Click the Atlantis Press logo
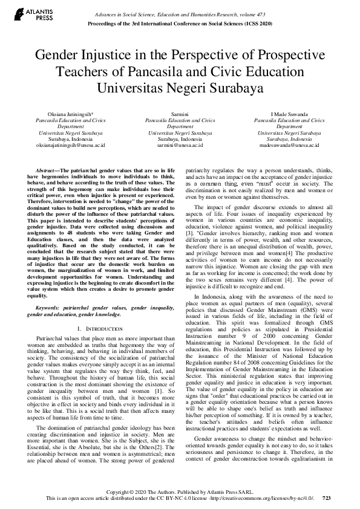tap(24, 13)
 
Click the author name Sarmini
tap(180, 114)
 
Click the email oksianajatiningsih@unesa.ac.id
tap(70, 146)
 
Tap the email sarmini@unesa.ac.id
tap(180, 146)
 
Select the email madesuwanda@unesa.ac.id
tap(289, 146)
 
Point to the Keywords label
tap(51, 307)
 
